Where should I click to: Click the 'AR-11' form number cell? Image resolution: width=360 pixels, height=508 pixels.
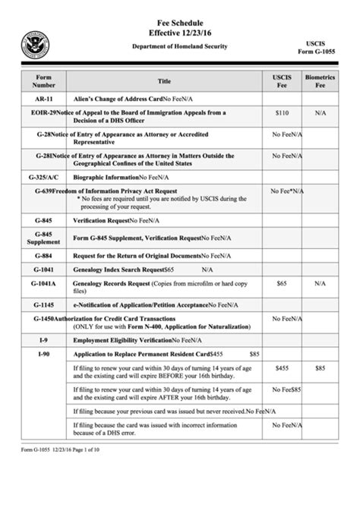pos(44,99)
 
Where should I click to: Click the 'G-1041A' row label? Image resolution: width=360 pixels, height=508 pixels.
pos(44,283)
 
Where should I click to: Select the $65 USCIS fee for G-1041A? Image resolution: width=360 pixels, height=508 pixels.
pos(282,282)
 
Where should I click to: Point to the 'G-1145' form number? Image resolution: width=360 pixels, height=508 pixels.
pos(43,304)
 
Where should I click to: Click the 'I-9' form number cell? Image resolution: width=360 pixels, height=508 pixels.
pos(43,342)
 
